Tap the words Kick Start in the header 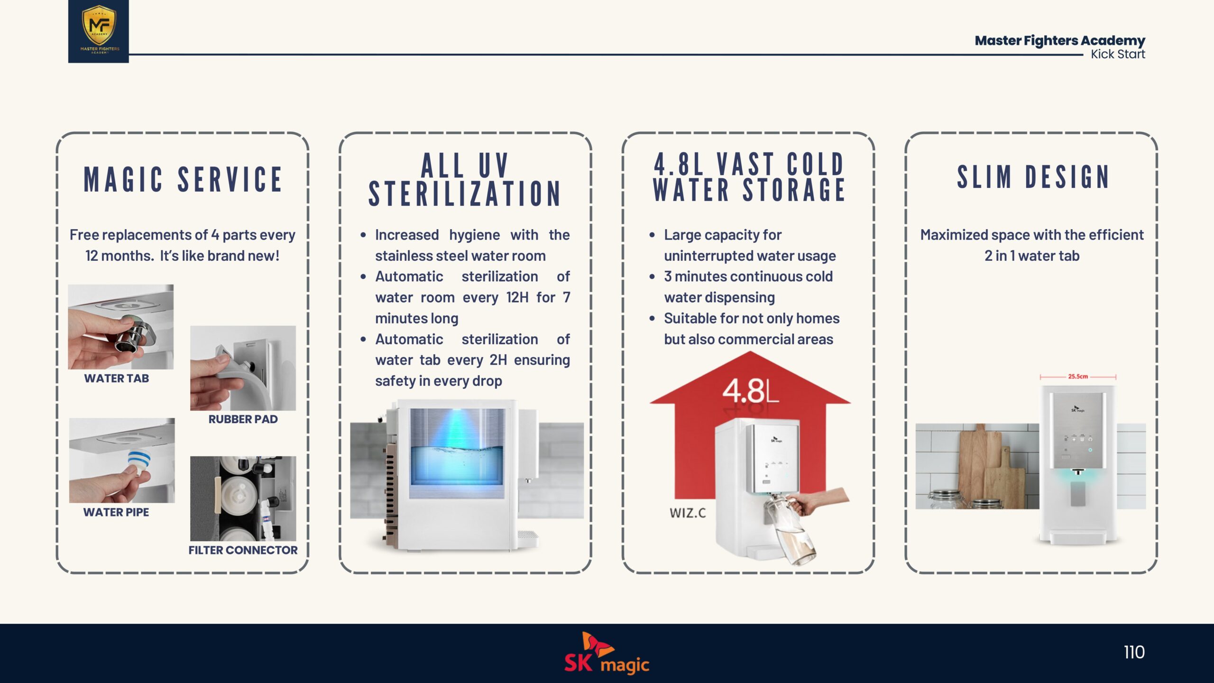click(x=1118, y=54)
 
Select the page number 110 click(x=1134, y=652)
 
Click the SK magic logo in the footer click(x=607, y=653)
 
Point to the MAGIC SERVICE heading click(x=183, y=179)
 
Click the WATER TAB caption click(x=117, y=378)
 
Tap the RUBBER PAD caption click(x=243, y=419)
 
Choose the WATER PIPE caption click(x=116, y=512)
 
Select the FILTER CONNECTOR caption click(x=243, y=550)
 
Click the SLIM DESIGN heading click(x=1033, y=177)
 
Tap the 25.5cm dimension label click(x=1078, y=377)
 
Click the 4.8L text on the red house click(x=750, y=391)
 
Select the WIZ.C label click(x=688, y=513)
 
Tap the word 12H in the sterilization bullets click(x=517, y=297)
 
